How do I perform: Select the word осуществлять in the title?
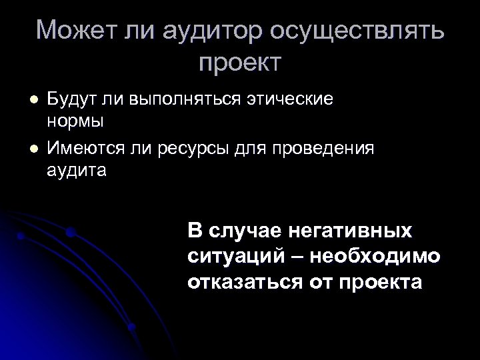click(x=363, y=30)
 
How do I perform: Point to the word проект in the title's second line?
click(x=241, y=63)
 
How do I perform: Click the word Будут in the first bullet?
click(x=70, y=99)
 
